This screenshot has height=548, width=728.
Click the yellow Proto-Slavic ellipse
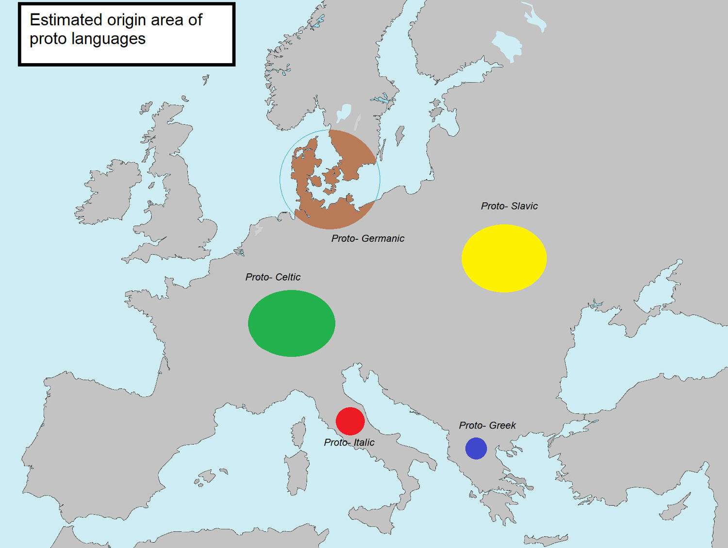pos(504,258)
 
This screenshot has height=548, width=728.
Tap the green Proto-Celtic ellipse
pos(291,323)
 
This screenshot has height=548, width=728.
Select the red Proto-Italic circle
pos(350,421)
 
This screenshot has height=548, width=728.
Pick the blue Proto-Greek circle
pos(476,448)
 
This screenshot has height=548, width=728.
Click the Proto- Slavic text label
pos(509,206)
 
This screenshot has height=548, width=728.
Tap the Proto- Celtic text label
pos(273,277)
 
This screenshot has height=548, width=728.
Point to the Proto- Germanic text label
pos(367,238)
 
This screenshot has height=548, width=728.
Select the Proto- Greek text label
pos(487,426)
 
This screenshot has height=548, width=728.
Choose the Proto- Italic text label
pos(349,443)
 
